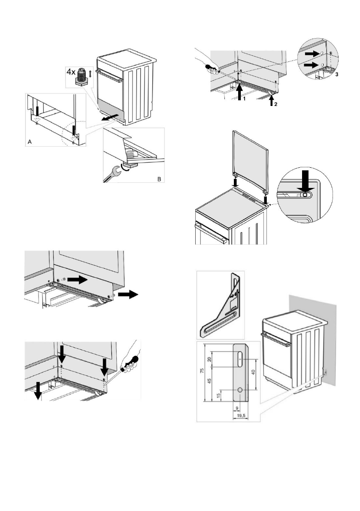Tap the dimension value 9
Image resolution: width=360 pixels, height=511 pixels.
(x=236, y=408)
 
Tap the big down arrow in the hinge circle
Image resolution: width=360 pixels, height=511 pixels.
(x=303, y=180)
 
